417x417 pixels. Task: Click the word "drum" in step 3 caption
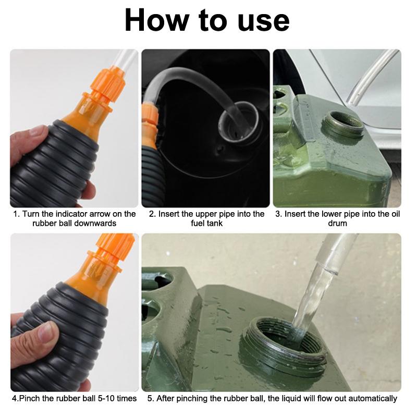(x=337, y=223)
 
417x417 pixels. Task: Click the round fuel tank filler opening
(x=239, y=121)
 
